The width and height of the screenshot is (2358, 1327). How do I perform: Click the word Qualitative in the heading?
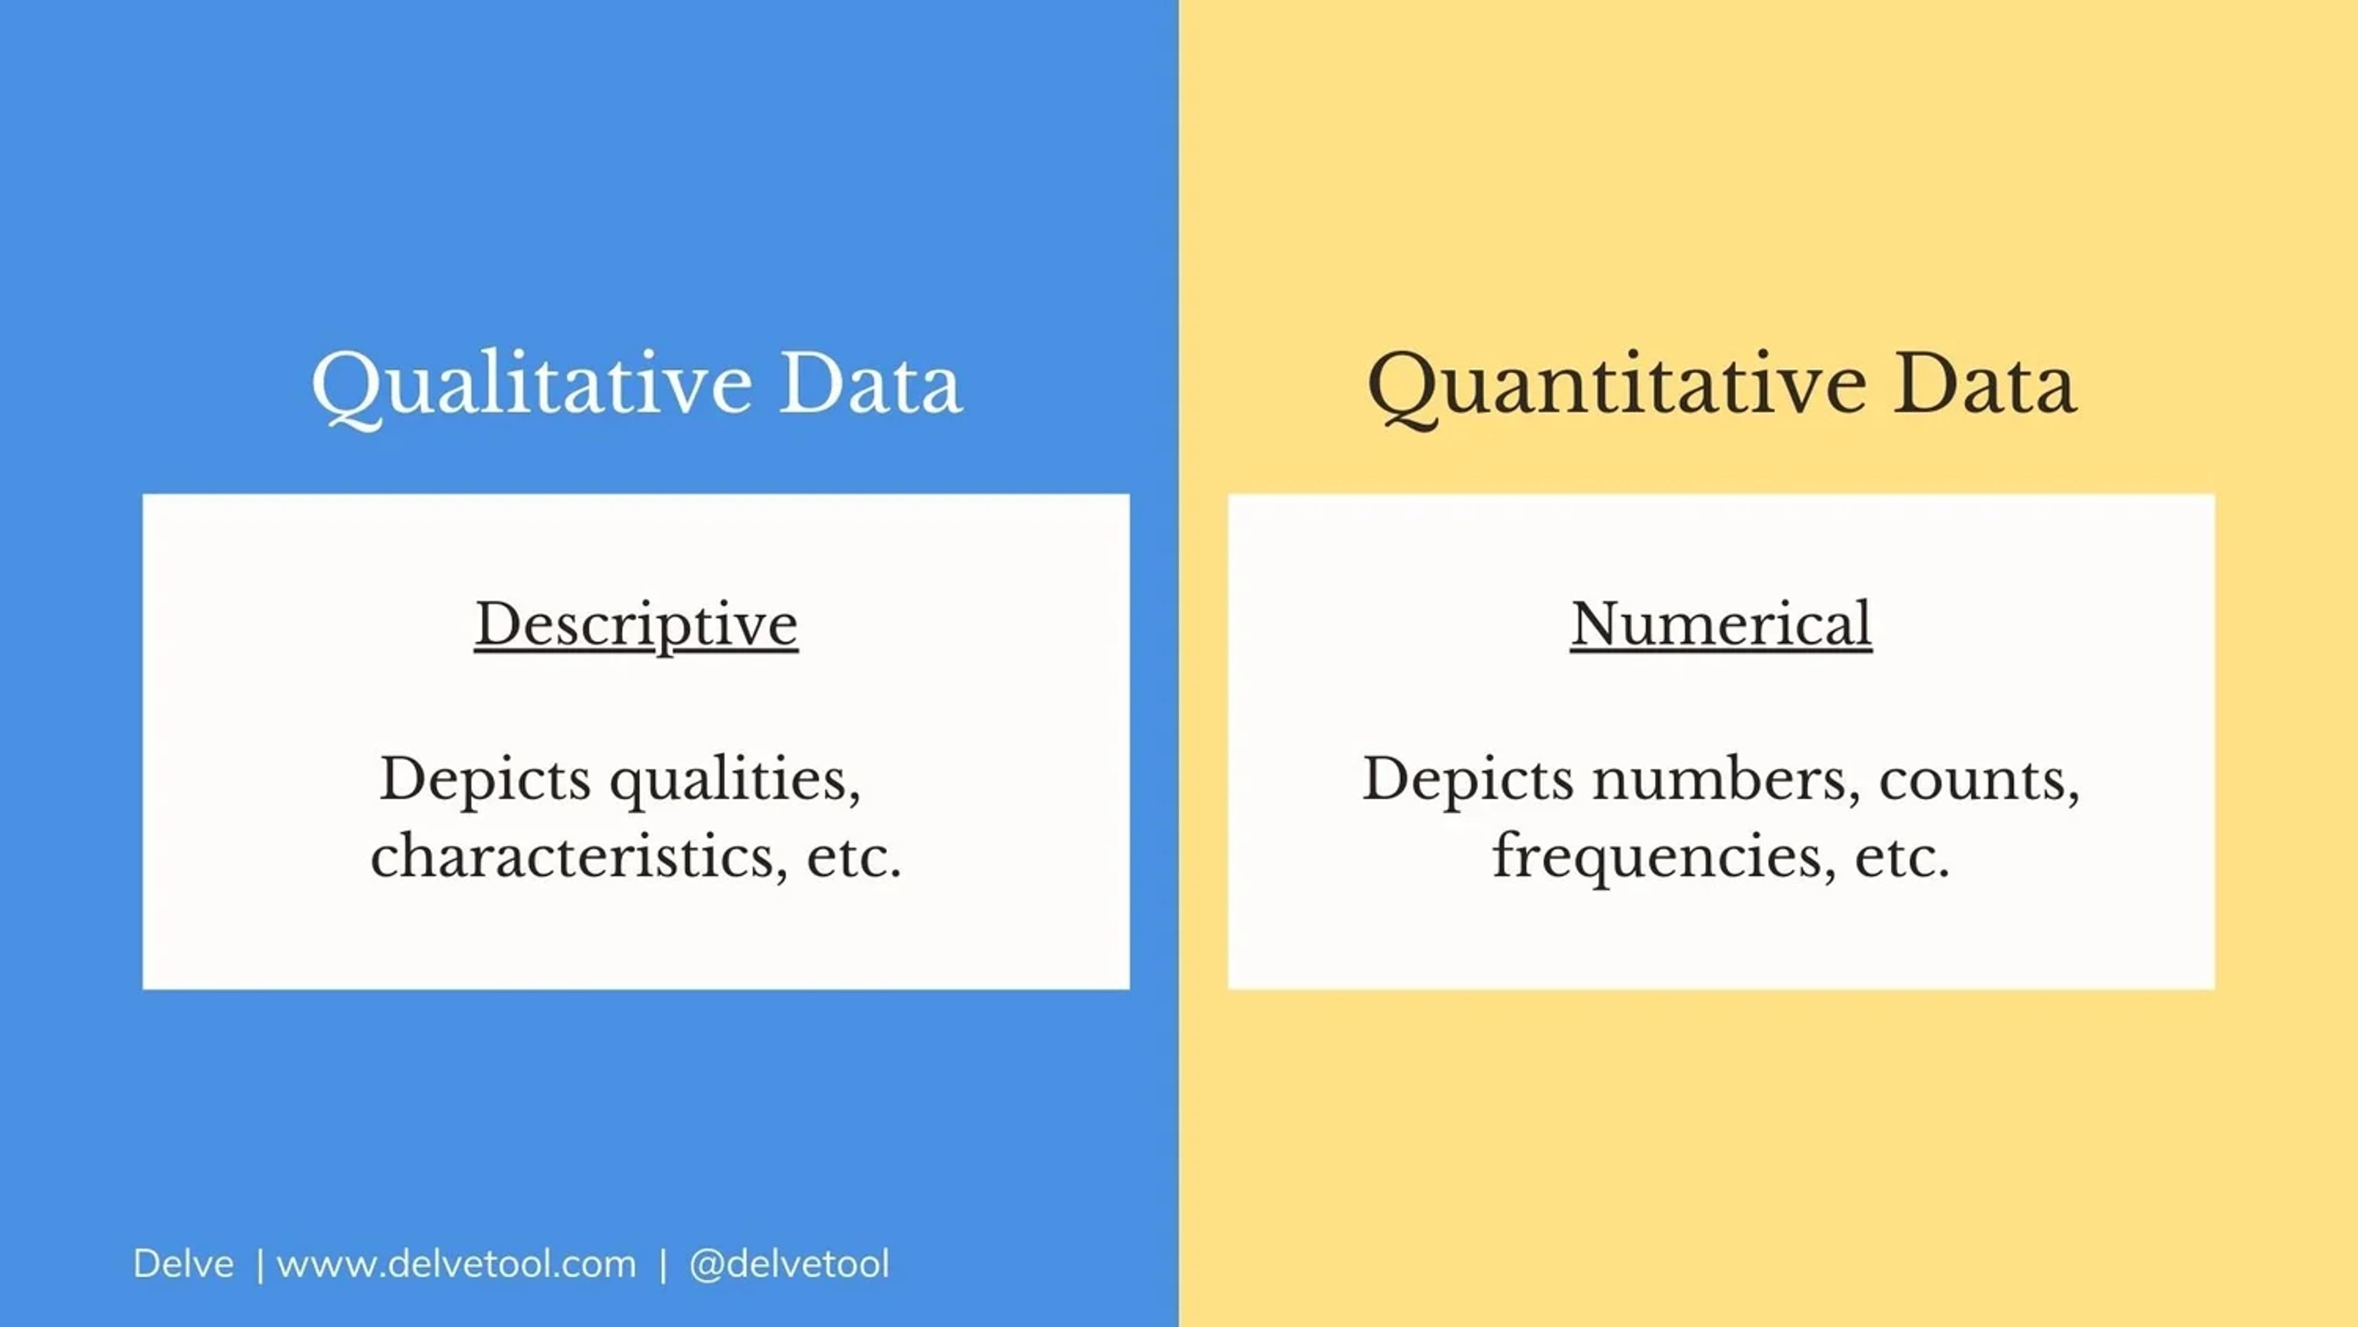point(532,384)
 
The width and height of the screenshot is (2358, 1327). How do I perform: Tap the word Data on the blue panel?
point(870,384)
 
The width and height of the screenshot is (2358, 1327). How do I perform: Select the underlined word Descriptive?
point(636,625)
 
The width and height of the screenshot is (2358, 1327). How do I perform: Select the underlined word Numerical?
point(1721,625)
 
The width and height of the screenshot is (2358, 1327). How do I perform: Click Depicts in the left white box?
point(485,780)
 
